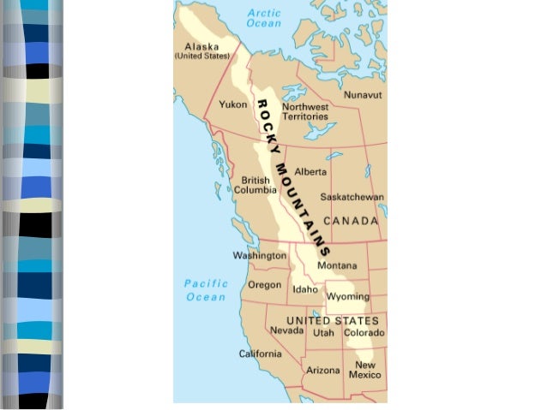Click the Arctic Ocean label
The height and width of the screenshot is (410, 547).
tap(263, 18)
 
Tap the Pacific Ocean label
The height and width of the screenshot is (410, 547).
tap(206, 290)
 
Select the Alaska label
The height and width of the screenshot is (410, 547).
tap(202, 51)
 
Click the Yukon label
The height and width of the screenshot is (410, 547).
tap(233, 105)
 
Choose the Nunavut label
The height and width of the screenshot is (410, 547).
tap(363, 96)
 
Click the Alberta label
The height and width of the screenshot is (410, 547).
tap(310, 172)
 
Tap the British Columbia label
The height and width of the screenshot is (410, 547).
tap(255, 185)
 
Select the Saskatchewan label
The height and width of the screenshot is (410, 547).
tap(352, 197)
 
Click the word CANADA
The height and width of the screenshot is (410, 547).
tap(351, 221)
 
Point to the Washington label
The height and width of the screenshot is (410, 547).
tap(260, 256)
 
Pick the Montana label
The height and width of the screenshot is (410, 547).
tap(337, 265)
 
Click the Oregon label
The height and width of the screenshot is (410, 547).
tap(264, 285)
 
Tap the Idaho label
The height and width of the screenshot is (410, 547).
tap(305, 289)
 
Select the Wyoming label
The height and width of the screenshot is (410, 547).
tap(347, 297)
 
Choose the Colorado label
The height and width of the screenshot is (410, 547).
tap(364, 332)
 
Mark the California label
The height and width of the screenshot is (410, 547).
tap(260, 354)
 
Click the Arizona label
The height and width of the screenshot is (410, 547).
tap(323, 371)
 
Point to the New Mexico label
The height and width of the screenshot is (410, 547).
tap(364, 370)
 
